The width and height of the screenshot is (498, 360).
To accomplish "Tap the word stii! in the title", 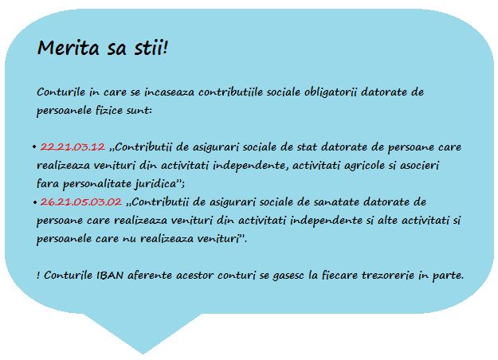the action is [x=151, y=48].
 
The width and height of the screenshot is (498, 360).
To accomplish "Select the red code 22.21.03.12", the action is [x=73, y=147].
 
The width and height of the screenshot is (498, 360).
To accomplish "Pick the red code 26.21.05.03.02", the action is [x=81, y=202].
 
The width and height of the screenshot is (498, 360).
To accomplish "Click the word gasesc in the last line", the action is [x=289, y=276].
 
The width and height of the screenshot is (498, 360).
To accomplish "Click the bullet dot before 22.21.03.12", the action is [x=34, y=147].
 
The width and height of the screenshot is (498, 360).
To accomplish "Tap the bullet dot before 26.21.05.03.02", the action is [x=34, y=202].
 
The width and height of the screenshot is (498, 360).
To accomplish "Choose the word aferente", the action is [x=150, y=276].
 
